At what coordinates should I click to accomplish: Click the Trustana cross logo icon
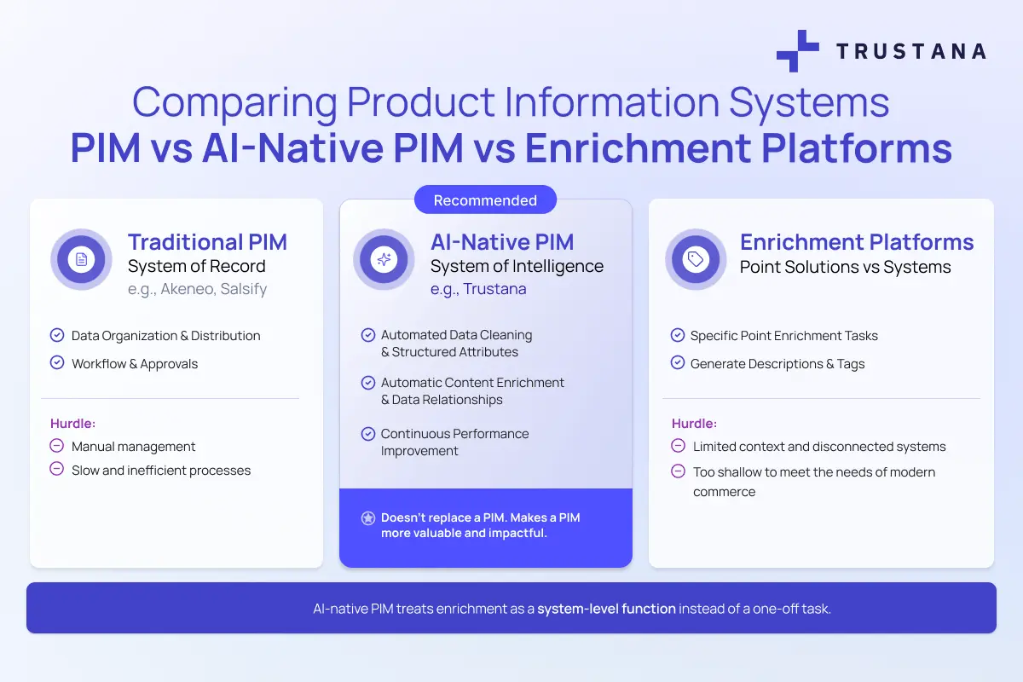click(797, 51)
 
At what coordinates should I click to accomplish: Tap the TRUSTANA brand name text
click(910, 51)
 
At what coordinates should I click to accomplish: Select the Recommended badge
click(485, 200)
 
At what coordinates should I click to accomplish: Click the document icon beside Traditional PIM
click(82, 259)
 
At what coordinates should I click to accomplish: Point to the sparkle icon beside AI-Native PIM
click(384, 259)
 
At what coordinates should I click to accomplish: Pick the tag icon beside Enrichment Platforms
click(696, 259)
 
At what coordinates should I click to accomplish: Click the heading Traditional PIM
click(207, 242)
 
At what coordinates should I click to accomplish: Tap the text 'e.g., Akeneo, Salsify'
click(197, 289)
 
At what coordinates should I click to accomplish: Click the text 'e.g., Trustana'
click(478, 289)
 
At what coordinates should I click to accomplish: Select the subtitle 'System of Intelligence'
click(517, 266)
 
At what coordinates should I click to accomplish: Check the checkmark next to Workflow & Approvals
click(57, 363)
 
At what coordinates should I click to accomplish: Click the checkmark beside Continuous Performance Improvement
click(368, 433)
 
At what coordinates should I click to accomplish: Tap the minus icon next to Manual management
click(57, 446)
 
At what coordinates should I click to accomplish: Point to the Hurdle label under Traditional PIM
click(73, 423)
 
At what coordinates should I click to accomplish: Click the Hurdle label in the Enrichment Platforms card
click(695, 423)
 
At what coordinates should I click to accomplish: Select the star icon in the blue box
click(368, 517)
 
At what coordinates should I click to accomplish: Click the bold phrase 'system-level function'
click(606, 609)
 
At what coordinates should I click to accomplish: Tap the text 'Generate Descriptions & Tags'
click(777, 364)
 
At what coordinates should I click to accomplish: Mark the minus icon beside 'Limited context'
click(679, 446)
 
